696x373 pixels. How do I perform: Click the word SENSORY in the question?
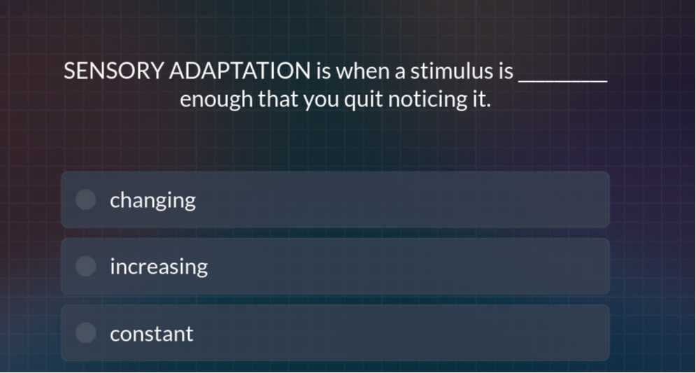click(x=113, y=71)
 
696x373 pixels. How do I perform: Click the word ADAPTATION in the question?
click(x=240, y=71)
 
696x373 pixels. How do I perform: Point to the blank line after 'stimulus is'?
click(x=563, y=80)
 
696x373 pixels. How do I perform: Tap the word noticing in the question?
click(x=426, y=99)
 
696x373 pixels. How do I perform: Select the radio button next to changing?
click(x=85, y=199)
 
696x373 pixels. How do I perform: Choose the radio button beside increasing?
click(x=85, y=266)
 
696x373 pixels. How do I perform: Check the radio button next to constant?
click(x=85, y=333)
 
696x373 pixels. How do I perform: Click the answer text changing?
click(x=152, y=201)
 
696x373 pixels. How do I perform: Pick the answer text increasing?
click(x=159, y=267)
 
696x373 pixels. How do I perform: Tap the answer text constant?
click(x=152, y=334)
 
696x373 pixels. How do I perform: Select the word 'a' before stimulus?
click(x=399, y=73)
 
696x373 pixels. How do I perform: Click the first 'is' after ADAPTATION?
click(x=324, y=71)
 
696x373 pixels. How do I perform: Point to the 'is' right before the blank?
click(x=506, y=71)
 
